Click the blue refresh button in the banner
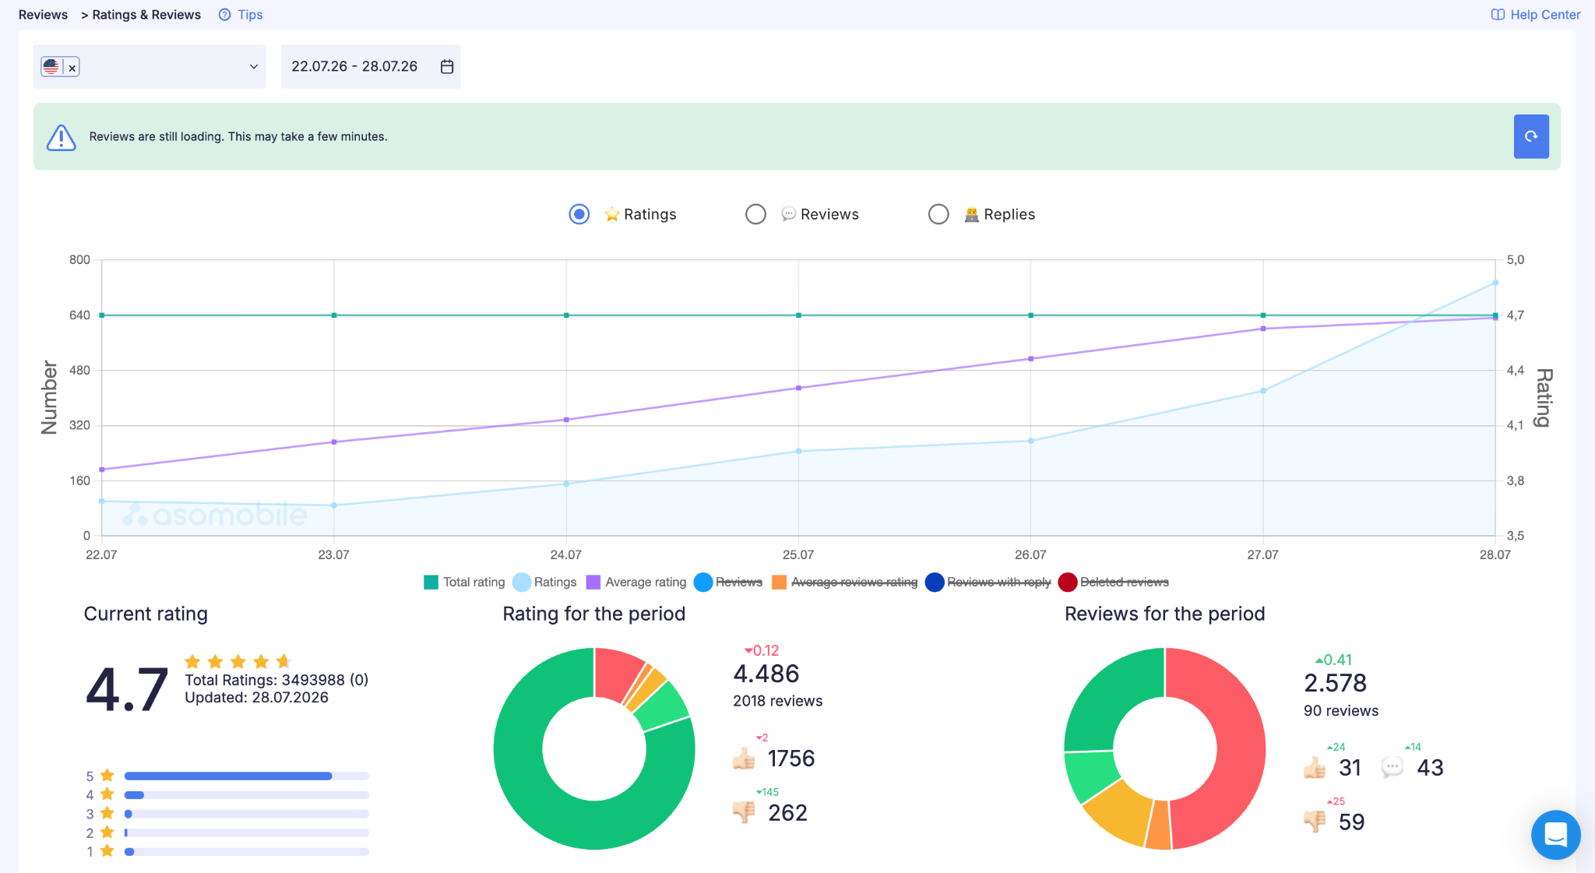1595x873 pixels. [x=1530, y=136]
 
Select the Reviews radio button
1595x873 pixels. [x=755, y=214]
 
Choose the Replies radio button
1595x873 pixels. [x=938, y=214]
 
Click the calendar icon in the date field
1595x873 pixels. [x=447, y=66]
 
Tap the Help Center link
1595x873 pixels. [x=1536, y=15]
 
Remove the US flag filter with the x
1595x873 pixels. [x=72, y=68]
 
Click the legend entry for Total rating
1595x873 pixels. [x=464, y=582]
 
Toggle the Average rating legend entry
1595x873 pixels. [x=636, y=582]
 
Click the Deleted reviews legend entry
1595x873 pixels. [x=1114, y=582]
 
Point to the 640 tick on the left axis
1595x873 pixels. [x=79, y=315]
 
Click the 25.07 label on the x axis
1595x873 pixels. [x=798, y=554]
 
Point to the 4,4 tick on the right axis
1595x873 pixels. [x=1516, y=371]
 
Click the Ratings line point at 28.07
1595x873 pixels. [x=1495, y=283]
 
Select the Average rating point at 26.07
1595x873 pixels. [x=1031, y=359]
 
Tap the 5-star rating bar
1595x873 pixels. [x=246, y=776]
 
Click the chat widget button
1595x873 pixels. [x=1555, y=835]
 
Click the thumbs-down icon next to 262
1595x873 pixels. [x=745, y=812]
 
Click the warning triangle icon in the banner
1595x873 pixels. [x=61, y=137]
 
